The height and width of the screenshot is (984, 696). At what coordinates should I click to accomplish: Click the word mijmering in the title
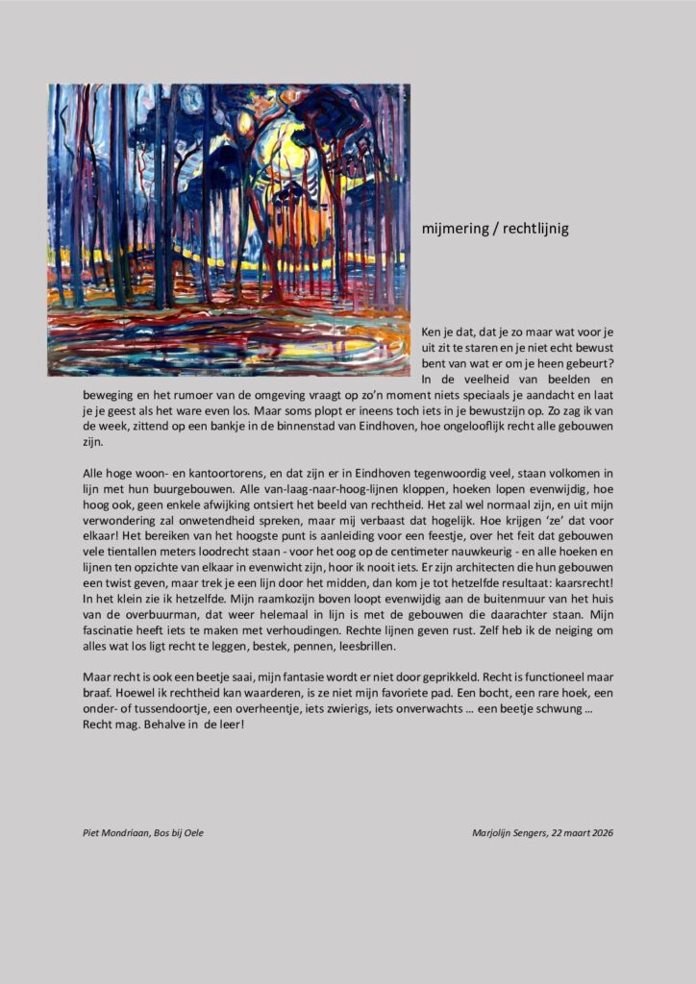[x=454, y=230]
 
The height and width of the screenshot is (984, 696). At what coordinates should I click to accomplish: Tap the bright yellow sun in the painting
[x=279, y=154]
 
